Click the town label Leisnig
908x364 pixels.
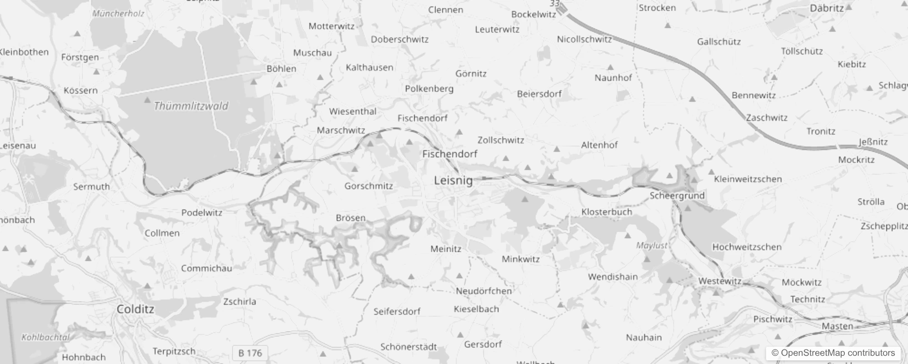click(453, 181)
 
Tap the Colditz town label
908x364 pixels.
click(135, 309)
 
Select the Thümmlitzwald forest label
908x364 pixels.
click(191, 106)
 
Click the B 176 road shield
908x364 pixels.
click(250, 353)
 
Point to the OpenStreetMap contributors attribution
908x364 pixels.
click(833, 353)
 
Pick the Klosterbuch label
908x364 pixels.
click(606, 212)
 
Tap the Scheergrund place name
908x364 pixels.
click(677, 196)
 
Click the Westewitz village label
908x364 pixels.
click(720, 281)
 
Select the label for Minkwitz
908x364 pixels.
click(520, 259)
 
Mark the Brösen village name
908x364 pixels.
click(350, 218)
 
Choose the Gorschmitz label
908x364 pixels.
click(368, 186)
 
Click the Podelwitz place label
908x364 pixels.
click(202, 212)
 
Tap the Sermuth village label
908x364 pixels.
click(91, 187)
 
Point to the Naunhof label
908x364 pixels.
click(613, 78)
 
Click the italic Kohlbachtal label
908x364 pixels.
click(45, 338)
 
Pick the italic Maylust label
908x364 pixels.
click(651, 246)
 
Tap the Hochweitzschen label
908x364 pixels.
click(747, 247)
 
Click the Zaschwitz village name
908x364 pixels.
click(767, 118)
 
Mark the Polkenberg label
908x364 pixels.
click(429, 89)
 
